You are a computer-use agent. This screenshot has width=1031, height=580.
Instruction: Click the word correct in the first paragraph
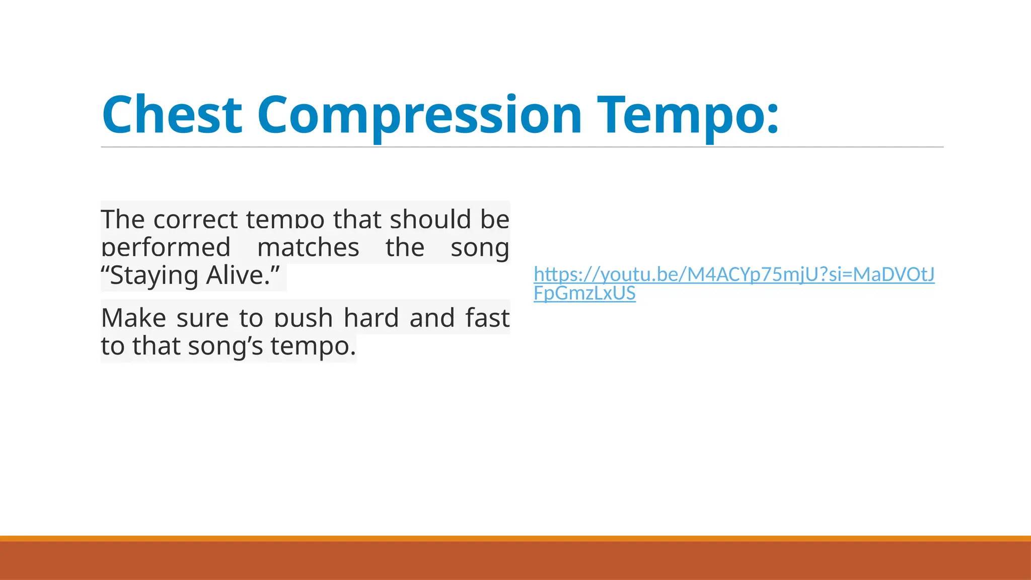tap(195, 220)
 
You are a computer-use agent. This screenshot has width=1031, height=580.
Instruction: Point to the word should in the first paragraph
tap(430, 220)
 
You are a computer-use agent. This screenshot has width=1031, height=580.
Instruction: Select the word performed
tap(166, 248)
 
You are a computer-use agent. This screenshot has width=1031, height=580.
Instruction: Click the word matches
tap(308, 248)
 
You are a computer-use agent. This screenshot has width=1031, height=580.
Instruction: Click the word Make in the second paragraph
tap(133, 318)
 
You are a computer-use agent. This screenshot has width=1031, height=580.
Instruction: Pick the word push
tap(304, 318)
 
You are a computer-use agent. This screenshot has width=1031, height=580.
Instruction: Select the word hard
tap(371, 318)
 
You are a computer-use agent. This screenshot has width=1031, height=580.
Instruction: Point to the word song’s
tap(225, 346)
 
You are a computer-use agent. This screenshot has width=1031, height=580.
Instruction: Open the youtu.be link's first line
tap(734, 274)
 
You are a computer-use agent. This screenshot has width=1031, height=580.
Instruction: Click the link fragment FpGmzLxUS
tap(584, 293)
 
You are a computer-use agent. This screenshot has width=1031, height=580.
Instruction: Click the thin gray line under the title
tap(522, 147)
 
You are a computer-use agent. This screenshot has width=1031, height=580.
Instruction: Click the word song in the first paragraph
tap(480, 248)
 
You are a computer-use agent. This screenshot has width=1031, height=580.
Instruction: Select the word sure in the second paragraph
tap(202, 318)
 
